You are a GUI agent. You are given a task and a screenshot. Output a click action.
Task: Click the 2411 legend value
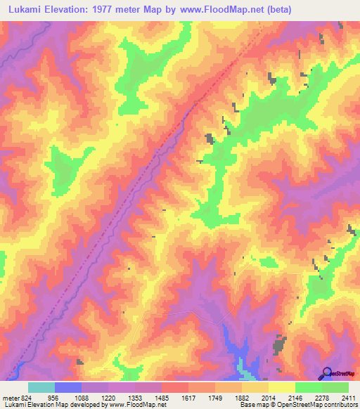(x=348, y=397)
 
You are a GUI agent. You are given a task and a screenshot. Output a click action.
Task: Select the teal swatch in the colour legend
(x=41, y=387)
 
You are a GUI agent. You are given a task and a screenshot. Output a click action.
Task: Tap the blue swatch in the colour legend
(x=67, y=387)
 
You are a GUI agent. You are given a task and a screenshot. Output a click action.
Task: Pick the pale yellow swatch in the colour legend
(x=281, y=387)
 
